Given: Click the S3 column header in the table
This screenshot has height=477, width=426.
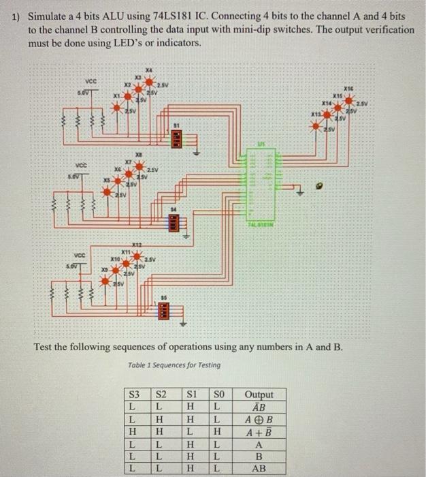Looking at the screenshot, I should pyautogui.click(x=135, y=395).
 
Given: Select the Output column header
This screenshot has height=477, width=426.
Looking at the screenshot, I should pyautogui.click(x=259, y=395).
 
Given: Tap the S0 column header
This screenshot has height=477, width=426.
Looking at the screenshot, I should pyautogui.click(x=218, y=395).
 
